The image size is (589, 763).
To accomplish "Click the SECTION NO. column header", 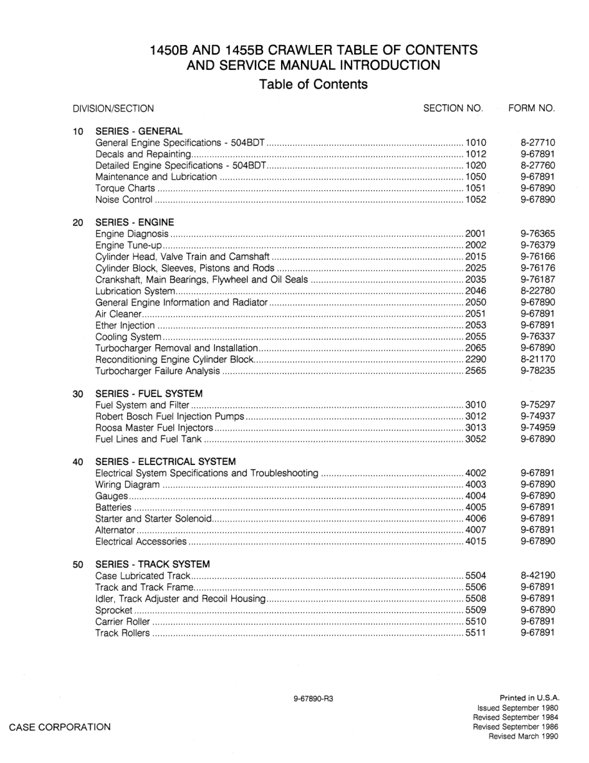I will click(x=453, y=109).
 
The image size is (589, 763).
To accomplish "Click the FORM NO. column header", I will click(x=531, y=109).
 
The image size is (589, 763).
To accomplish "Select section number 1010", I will click(x=476, y=143).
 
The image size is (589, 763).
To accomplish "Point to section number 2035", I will click(x=476, y=279).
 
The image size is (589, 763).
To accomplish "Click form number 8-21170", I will click(x=538, y=360).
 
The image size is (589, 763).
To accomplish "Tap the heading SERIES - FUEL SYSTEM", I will click(x=149, y=393).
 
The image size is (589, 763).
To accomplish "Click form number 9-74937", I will click(x=538, y=416).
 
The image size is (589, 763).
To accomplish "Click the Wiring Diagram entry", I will click(x=127, y=484).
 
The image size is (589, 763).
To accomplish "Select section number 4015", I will click(x=476, y=541).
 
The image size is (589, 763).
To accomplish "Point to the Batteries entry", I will click(x=114, y=507).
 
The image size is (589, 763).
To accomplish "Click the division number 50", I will click(x=78, y=565).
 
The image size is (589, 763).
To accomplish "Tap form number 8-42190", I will click(x=538, y=576).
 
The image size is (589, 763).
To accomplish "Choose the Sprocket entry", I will click(x=114, y=610).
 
